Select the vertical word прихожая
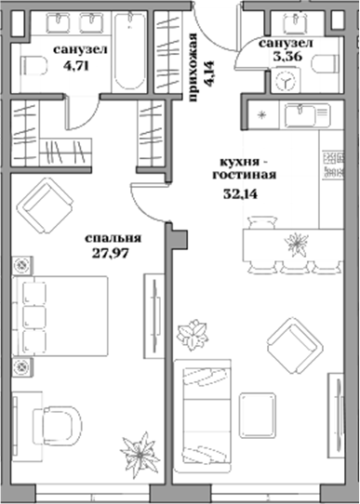pos(194,59)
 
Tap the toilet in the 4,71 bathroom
pos(33,65)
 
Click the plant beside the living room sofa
pos(194,334)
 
